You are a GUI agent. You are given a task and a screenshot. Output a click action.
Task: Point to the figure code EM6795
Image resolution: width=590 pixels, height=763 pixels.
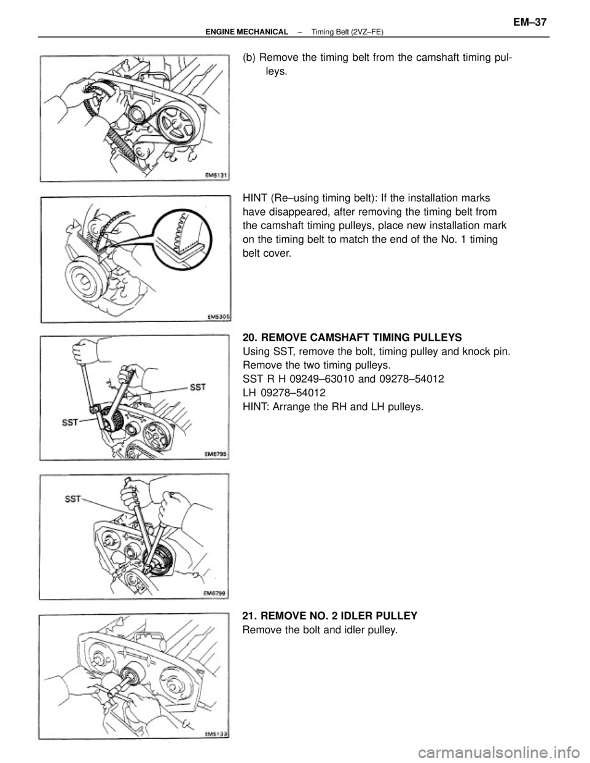[215, 454]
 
